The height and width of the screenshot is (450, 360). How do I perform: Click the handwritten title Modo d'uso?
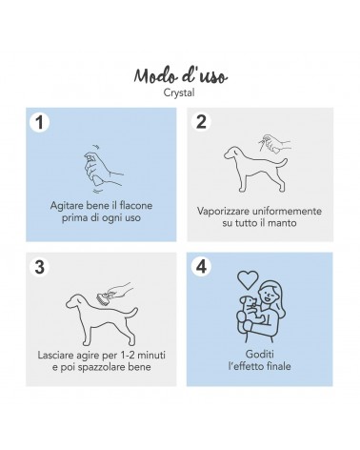pos(180,76)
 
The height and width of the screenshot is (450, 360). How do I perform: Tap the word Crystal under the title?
pos(179,92)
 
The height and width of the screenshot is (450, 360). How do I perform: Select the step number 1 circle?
pos(40,122)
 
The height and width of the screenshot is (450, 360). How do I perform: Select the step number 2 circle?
pos(201,121)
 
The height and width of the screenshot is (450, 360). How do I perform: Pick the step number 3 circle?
pos(40,267)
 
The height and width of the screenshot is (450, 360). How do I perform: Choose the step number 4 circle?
pos(201,266)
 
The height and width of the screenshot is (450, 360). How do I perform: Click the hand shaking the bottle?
pos(103,170)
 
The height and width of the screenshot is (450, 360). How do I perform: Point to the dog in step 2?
pos(255,169)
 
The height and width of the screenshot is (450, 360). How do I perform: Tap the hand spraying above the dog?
pos(274,144)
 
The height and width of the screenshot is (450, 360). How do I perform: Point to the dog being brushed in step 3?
pos(102,319)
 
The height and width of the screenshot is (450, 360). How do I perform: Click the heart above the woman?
pos(248,279)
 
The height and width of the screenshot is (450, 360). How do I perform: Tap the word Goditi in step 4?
pos(260,354)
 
